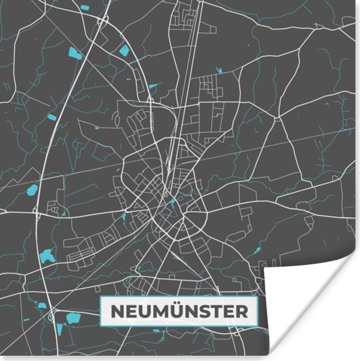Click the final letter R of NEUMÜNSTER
242,311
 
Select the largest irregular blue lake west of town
47,256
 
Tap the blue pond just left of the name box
73,318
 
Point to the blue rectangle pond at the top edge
85,7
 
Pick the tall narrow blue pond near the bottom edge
59,329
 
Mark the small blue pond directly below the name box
156,331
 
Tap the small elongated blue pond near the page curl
257,250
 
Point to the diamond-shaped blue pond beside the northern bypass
124,51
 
